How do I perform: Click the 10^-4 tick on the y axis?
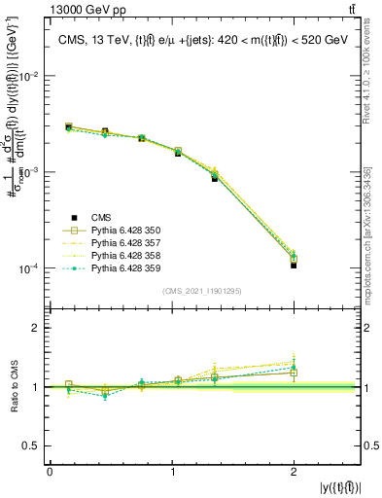point(32,268)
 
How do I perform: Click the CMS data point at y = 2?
point(294,265)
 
